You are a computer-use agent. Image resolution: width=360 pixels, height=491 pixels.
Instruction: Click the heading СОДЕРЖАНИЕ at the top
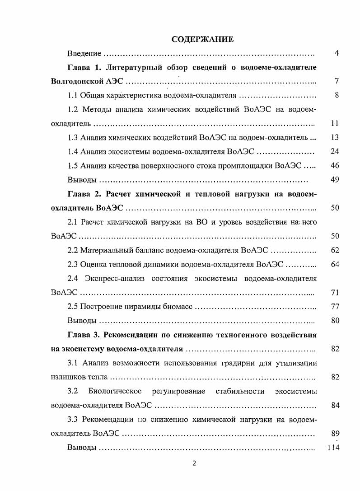click(x=202, y=39)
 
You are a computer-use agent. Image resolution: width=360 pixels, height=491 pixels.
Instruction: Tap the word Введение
click(x=84, y=54)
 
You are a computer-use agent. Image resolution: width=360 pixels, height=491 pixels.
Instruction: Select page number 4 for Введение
click(x=337, y=54)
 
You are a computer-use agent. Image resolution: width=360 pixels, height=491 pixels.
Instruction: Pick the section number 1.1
click(x=73, y=96)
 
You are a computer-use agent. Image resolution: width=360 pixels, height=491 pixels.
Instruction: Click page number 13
click(x=335, y=137)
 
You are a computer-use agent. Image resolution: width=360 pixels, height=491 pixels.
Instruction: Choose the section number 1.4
click(x=73, y=151)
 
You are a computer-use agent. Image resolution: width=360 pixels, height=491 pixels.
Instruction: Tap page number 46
click(x=335, y=165)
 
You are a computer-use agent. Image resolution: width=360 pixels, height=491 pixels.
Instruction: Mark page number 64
click(x=335, y=264)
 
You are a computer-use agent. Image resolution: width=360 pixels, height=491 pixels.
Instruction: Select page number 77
click(x=335, y=307)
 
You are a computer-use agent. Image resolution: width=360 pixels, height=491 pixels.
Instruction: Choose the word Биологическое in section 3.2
click(x=115, y=391)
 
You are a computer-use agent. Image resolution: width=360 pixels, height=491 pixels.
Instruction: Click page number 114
click(x=333, y=448)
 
